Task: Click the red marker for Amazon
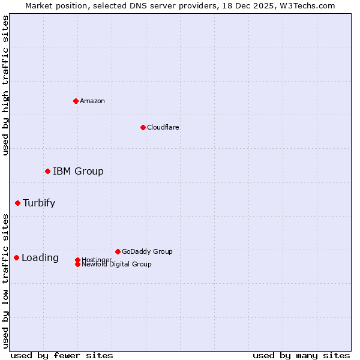[x=76, y=101]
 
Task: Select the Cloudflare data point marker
[x=143, y=127]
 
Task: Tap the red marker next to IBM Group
[x=47, y=172]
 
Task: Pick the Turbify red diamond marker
[x=17, y=203]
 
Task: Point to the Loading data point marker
[x=16, y=257]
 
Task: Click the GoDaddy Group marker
[x=118, y=251]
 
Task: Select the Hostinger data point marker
[x=77, y=260]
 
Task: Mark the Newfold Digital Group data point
[x=77, y=264]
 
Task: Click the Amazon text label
[x=92, y=101]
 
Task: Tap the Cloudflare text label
[x=163, y=127]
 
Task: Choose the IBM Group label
[x=78, y=172]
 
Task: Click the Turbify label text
[x=39, y=203]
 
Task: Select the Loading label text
[x=40, y=258]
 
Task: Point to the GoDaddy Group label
[x=147, y=251]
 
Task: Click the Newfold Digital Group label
[x=116, y=265]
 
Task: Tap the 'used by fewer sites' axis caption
[x=62, y=355]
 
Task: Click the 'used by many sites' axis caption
[x=301, y=355]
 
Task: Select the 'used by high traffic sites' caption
[x=6, y=85]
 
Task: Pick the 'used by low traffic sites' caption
[x=6, y=280]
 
